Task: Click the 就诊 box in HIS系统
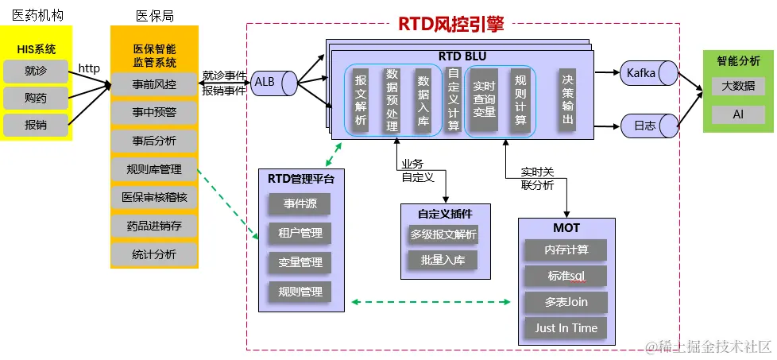pyautogui.click(x=36, y=72)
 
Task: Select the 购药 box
pyautogui.click(x=36, y=98)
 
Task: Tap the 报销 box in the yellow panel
pyautogui.click(x=36, y=125)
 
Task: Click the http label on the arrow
pyautogui.click(x=89, y=69)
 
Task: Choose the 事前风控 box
pyautogui.click(x=154, y=84)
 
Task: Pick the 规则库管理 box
pyautogui.click(x=154, y=169)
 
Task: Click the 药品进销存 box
pyautogui.click(x=154, y=226)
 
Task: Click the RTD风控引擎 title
pyautogui.click(x=450, y=24)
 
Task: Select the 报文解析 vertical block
pyautogui.click(x=361, y=99)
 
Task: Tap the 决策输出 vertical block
pyautogui.click(x=567, y=99)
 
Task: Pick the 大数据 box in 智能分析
pyautogui.click(x=738, y=86)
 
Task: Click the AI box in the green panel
pyautogui.click(x=738, y=115)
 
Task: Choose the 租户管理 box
pyautogui.click(x=300, y=234)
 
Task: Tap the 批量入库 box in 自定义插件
pyautogui.click(x=443, y=260)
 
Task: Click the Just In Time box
pyautogui.click(x=566, y=327)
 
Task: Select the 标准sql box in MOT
pyautogui.click(x=566, y=276)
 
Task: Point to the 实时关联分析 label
pyautogui.click(x=537, y=178)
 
